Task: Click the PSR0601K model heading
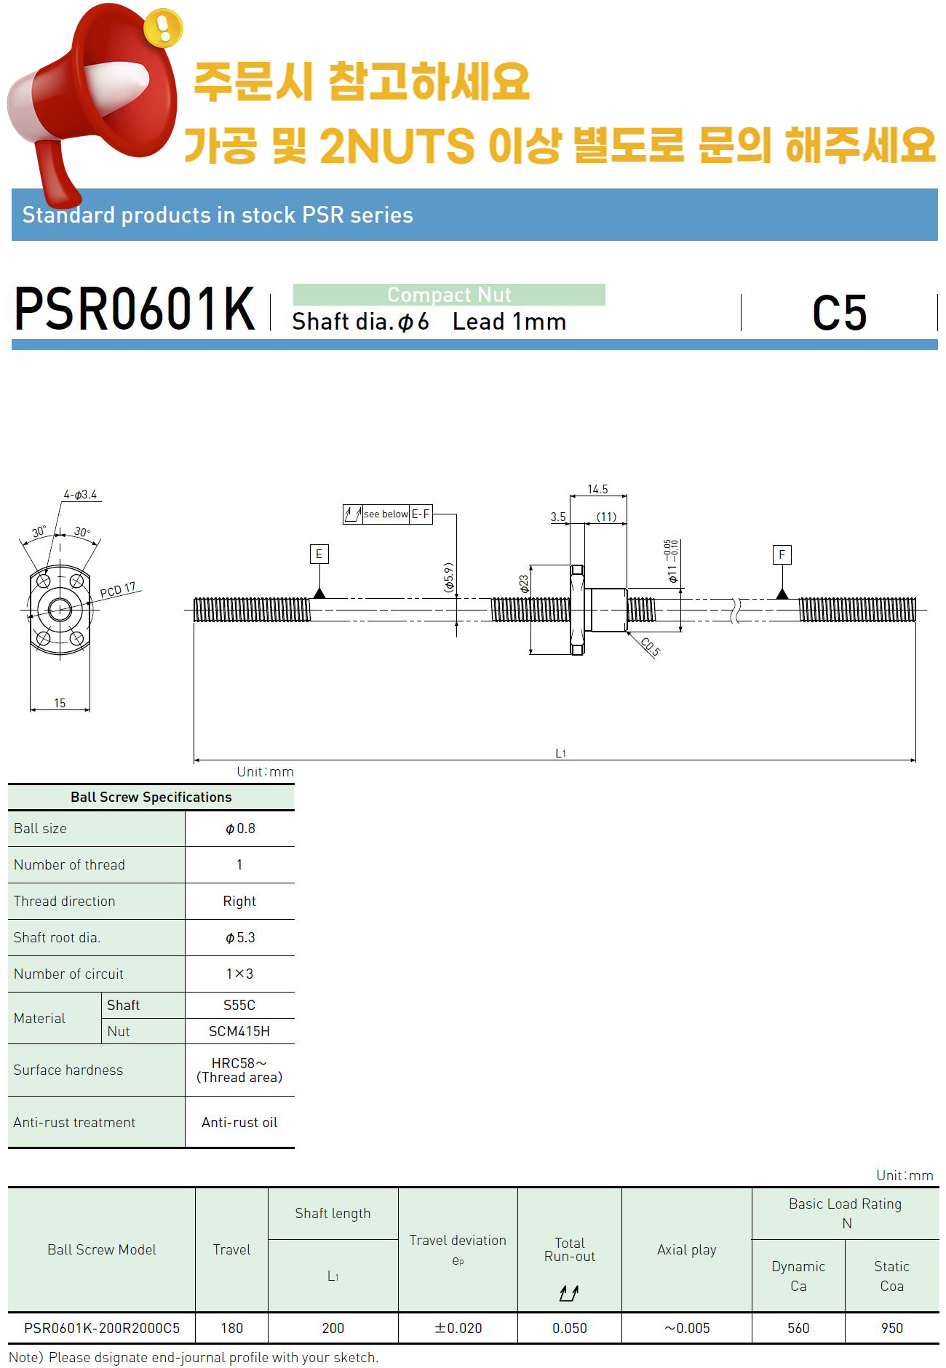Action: (135, 309)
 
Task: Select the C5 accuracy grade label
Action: (839, 314)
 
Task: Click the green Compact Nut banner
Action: (449, 295)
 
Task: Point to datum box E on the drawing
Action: (319, 554)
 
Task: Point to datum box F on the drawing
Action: (782, 555)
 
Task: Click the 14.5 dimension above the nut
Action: (597, 490)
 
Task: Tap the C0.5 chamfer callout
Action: (650, 646)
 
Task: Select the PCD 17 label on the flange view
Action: (118, 590)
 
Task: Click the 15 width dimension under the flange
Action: (60, 703)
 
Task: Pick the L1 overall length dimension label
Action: (560, 753)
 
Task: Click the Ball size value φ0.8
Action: (240, 829)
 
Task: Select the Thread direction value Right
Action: (239, 902)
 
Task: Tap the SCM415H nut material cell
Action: (239, 1031)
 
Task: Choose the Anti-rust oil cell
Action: (239, 1123)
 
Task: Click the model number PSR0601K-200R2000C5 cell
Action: (102, 1328)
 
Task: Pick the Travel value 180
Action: (231, 1328)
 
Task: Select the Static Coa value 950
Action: (891, 1328)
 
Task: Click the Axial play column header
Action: (686, 1249)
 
